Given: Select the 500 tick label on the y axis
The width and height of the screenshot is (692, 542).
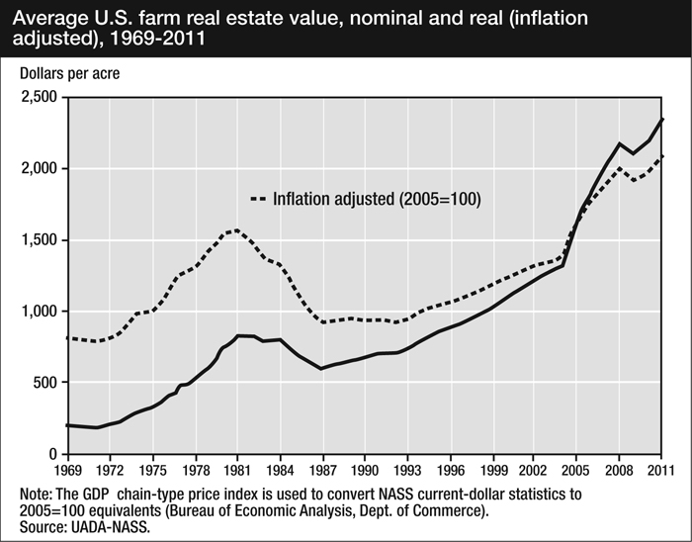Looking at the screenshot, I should point(46,383).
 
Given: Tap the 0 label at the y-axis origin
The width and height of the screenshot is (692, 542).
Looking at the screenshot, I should point(55,454).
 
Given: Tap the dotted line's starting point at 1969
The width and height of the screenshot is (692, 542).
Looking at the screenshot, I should point(67,338).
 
